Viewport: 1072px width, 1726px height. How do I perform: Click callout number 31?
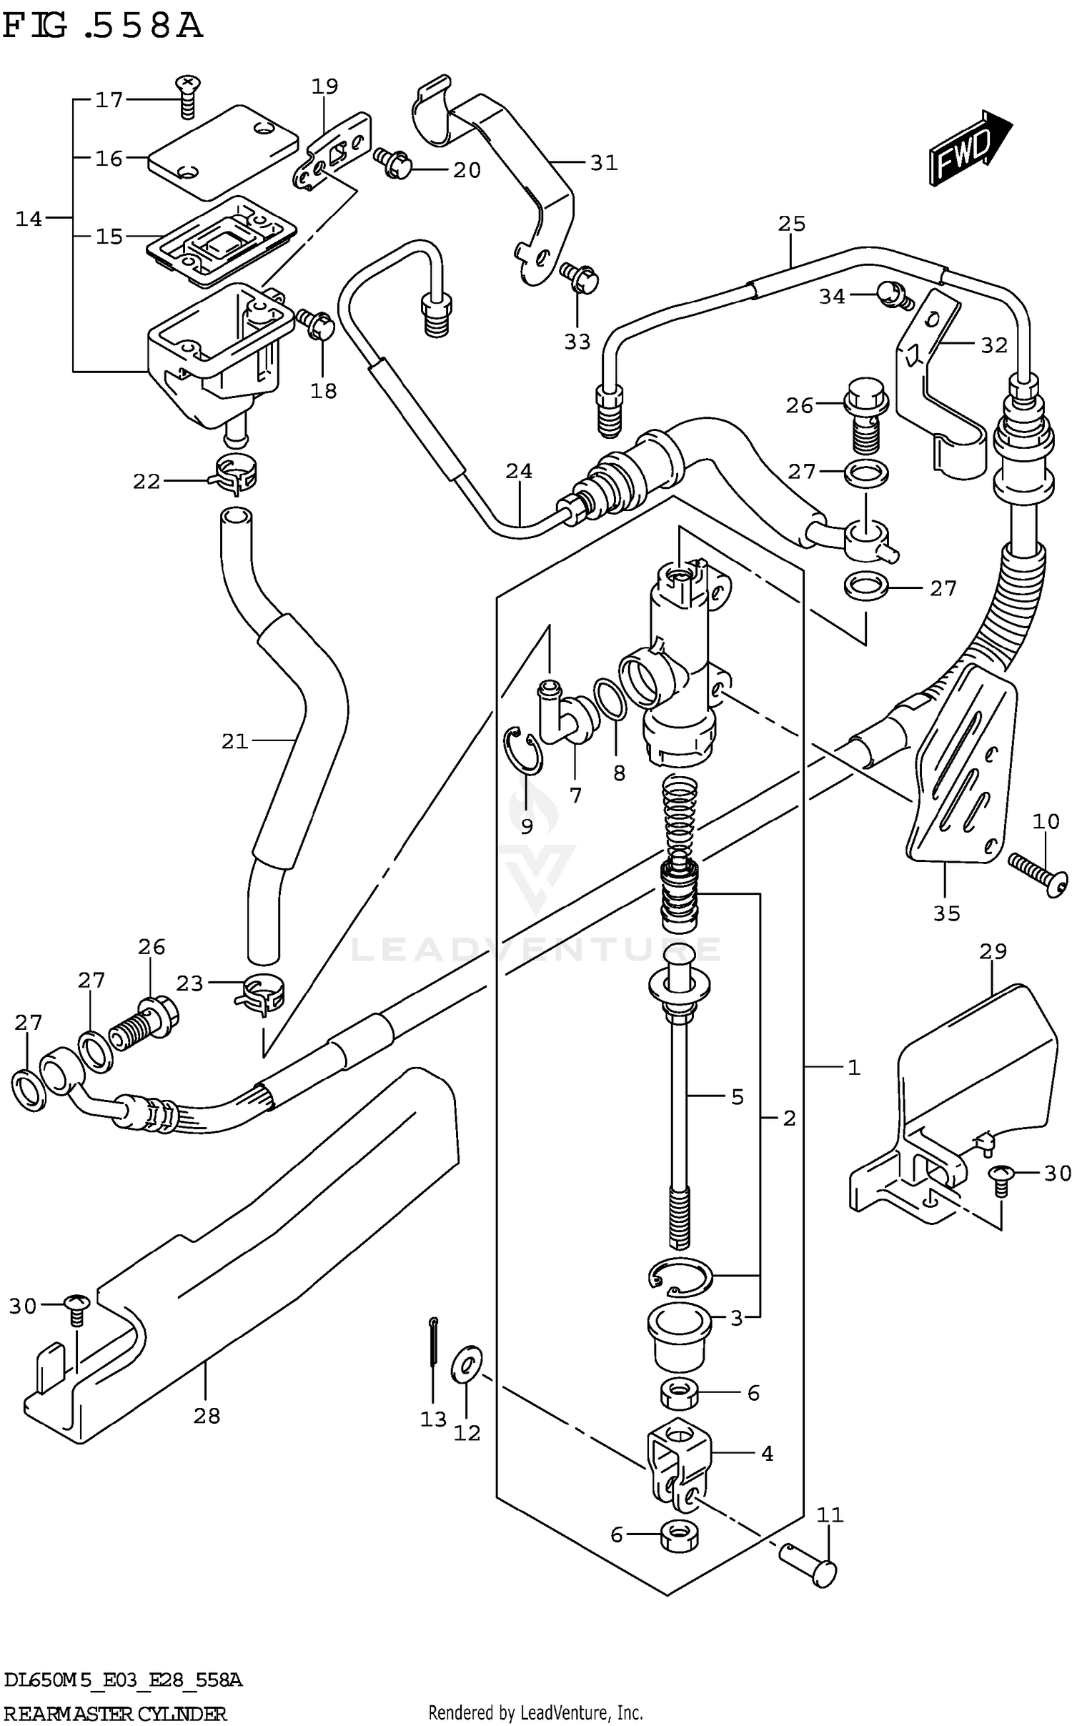coord(603,163)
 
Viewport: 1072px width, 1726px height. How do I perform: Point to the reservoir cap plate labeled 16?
coord(222,152)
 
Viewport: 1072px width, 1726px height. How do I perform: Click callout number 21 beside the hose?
coord(234,741)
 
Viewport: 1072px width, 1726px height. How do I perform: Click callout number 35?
coord(946,913)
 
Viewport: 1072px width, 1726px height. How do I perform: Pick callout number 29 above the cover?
coord(993,951)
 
